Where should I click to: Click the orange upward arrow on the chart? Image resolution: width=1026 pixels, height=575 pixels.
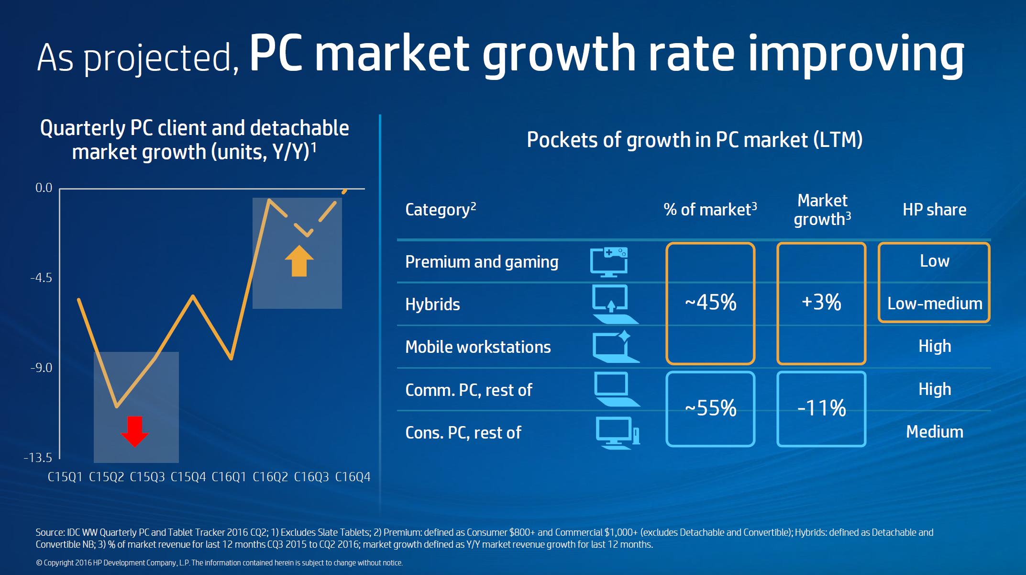pos(299,261)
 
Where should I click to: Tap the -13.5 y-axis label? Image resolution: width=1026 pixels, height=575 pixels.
pos(38,458)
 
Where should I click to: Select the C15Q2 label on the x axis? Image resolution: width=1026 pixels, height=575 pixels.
pos(106,477)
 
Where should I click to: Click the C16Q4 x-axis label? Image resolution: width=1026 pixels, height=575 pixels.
pos(353,477)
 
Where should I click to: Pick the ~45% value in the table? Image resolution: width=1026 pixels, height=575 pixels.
pos(710,303)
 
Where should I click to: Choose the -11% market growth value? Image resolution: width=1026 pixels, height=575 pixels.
pos(821,408)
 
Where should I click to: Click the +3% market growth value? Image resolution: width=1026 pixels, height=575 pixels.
pos(821,303)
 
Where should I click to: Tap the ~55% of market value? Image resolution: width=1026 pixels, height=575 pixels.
pos(710,408)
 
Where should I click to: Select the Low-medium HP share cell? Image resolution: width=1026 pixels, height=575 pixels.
pos(935,304)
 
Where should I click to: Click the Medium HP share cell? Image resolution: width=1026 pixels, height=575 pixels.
pos(935,432)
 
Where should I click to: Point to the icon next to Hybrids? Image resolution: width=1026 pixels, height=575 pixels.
pos(614,304)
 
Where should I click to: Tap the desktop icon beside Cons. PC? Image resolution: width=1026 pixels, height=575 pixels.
pos(617,433)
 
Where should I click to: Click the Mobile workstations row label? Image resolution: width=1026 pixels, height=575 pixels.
pos(478,347)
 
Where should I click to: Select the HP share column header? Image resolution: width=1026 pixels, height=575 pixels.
pos(934,210)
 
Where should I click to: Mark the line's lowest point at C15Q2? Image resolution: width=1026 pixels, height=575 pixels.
pos(117,407)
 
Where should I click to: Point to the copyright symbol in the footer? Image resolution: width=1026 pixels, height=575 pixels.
pos(39,563)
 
